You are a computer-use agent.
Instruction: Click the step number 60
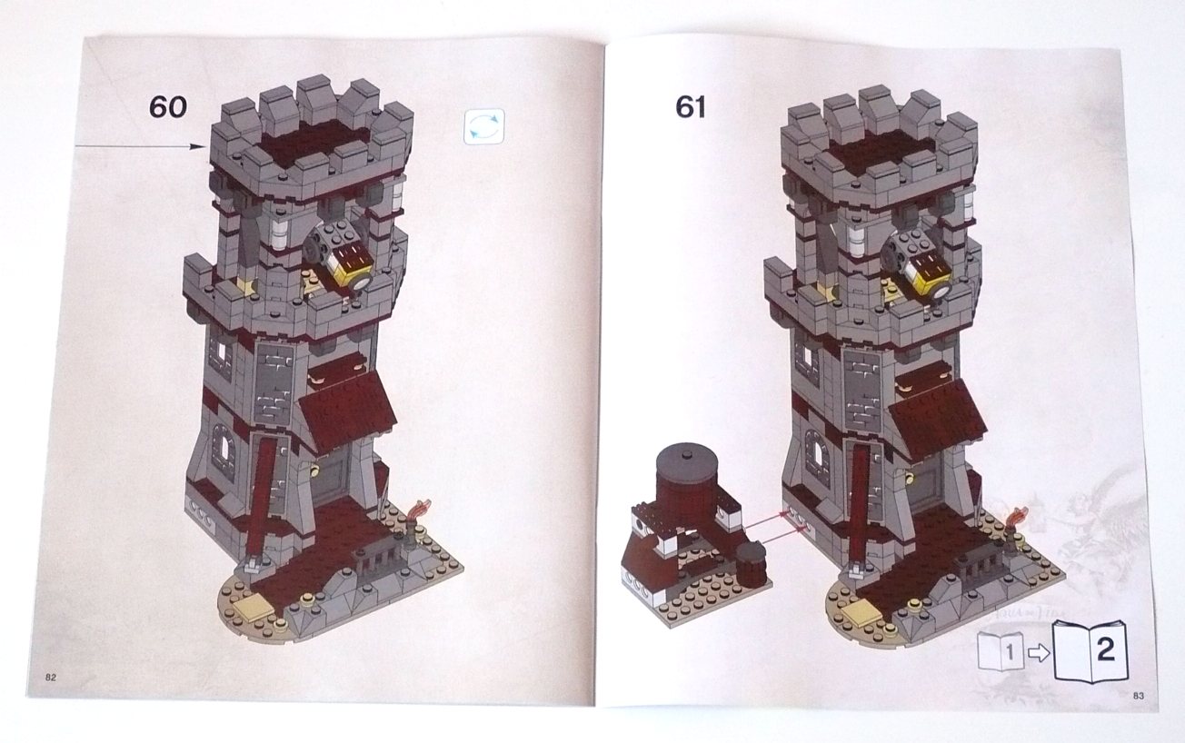(x=168, y=107)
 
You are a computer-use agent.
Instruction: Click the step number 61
(x=691, y=108)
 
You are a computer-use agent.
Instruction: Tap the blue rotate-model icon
(x=484, y=127)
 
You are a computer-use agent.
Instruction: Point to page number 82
(x=51, y=678)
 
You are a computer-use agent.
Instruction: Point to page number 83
(x=1139, y=696)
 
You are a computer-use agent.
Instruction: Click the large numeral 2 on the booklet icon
(x=1106, y=650)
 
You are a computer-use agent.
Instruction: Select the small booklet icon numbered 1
(x=1001, y=651)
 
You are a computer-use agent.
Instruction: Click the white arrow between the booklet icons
(x=1039, y=654)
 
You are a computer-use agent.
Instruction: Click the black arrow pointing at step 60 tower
(x=139, y=146)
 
